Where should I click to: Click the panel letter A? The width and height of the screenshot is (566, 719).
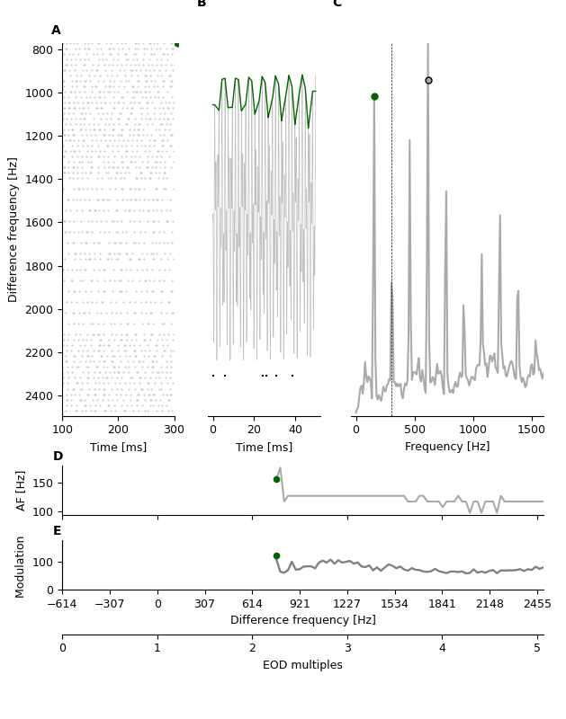[x=56, y=31]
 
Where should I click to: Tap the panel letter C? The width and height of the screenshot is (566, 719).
[x=337, y=4]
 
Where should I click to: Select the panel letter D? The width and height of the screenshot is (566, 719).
[x=58, y=457]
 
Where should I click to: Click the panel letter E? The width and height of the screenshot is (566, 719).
[x=58, y=531]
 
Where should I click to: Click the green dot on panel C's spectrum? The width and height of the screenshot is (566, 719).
[x=374, y=96]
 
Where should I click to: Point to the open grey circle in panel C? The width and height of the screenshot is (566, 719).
[x=428, y=80]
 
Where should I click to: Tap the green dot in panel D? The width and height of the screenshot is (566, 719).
[x=276, y=479]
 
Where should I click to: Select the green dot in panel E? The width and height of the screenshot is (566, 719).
[x=276, y=555]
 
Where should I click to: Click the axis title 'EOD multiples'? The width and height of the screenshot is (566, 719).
[x=302, y=665]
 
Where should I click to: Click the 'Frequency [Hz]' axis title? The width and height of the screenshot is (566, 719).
[x=447, y=447]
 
